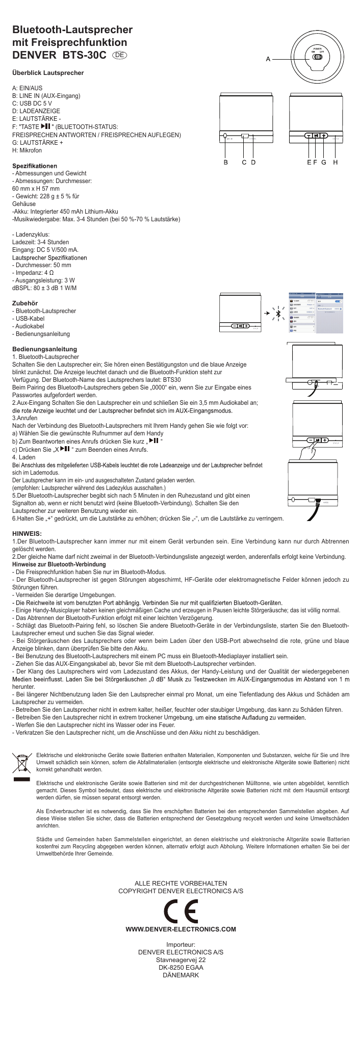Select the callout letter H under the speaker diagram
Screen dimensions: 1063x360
point(336,162)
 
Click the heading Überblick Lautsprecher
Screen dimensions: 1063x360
point(48,73)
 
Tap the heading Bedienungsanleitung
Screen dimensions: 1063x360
point(44,349)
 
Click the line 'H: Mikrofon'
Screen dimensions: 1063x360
point(27,150)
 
